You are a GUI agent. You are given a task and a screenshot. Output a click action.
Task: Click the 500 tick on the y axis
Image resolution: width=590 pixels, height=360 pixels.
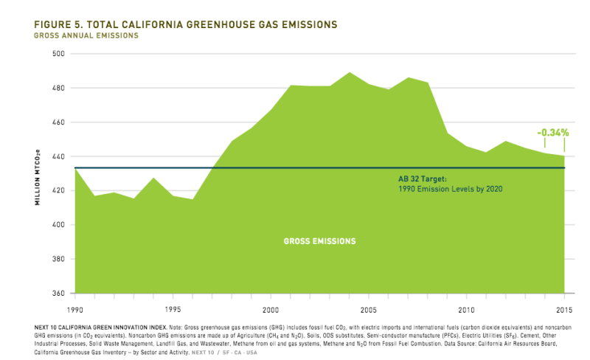59,54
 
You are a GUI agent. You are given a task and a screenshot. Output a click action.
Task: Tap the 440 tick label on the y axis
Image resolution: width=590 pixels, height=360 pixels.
59,156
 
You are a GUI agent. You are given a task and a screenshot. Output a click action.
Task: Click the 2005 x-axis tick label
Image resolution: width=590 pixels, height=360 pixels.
369,309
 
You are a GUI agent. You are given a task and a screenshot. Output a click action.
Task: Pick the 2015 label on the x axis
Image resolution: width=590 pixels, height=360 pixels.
564,309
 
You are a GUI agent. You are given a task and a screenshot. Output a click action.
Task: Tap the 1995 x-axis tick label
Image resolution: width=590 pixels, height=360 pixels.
173,309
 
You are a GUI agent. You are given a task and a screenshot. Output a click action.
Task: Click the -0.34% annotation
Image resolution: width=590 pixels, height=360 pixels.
552,133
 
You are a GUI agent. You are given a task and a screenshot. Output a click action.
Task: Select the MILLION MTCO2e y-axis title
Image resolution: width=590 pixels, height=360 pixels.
37,174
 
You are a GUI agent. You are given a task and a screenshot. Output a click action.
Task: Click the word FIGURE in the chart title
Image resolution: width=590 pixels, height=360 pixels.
58,24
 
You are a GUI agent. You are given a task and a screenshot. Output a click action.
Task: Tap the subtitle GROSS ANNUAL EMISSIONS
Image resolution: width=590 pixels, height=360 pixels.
86,35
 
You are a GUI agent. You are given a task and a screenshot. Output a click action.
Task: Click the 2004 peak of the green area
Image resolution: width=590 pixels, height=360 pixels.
350,73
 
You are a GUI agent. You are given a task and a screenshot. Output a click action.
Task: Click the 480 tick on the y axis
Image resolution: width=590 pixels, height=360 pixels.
59,88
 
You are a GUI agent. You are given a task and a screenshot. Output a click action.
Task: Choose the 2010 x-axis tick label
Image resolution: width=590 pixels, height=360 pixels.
466,309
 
